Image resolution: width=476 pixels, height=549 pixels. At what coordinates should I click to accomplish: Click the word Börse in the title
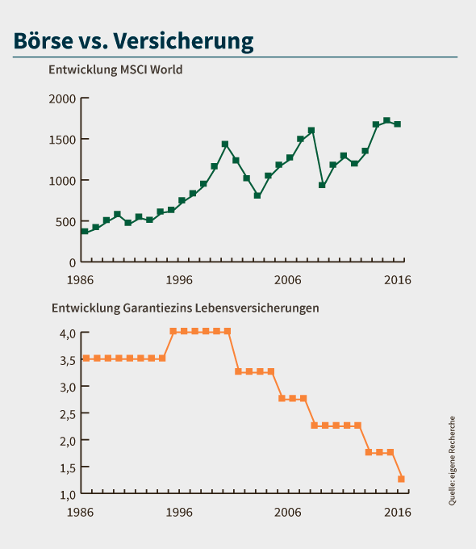point(44,40)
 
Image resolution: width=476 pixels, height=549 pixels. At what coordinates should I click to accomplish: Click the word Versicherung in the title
point(183,42)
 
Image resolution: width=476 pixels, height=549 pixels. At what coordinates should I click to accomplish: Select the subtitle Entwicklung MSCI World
point(115,69)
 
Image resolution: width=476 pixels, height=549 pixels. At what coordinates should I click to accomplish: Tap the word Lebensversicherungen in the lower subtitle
point(257,308)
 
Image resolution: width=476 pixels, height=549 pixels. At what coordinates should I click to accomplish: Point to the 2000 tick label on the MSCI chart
point(62,99)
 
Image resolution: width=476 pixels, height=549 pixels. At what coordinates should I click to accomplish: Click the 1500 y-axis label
point(62,140)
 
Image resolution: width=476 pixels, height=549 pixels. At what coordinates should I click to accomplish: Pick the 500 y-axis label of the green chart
point(65,222)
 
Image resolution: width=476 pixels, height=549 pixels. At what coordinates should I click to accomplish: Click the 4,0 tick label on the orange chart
point(68,333)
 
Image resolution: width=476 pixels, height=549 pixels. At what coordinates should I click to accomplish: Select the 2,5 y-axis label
point(68,414)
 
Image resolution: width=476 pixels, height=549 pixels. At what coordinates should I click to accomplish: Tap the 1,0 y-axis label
point(68,495)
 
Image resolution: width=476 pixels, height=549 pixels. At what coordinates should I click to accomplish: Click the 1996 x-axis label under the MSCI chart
point(179,280)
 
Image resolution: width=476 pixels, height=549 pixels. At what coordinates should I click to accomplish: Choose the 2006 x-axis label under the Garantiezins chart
point(287,513)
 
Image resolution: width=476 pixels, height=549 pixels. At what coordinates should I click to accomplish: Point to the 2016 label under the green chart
point(398,280)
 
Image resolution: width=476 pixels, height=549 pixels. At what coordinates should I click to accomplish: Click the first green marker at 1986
point(85,231)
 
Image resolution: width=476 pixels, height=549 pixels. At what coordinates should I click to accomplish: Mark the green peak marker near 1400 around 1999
point(225,144)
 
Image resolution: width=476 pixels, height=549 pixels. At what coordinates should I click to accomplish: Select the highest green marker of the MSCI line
point(386,121)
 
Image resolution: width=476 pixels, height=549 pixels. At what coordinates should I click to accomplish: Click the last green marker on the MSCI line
point(398,124)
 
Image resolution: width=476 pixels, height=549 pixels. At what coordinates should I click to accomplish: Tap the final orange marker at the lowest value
point(401,479)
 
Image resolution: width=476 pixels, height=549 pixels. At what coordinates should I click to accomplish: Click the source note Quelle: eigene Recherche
point(452,461)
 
